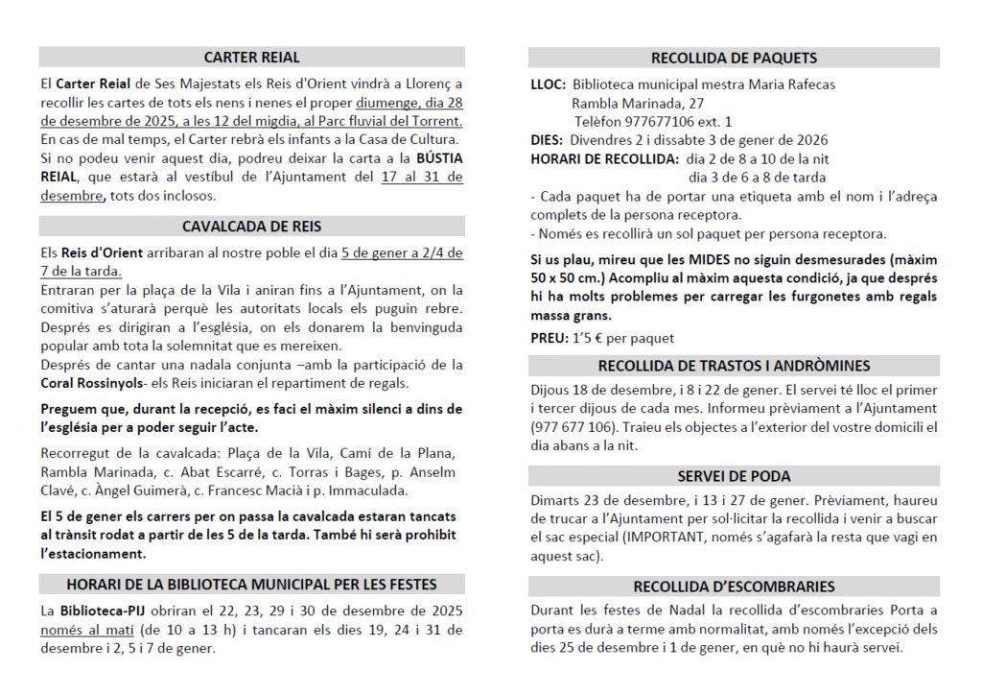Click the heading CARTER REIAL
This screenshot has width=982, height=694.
251,58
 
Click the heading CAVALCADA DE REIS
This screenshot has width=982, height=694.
251,227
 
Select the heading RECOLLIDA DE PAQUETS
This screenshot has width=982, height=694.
734,58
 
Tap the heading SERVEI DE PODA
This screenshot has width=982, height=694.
734,476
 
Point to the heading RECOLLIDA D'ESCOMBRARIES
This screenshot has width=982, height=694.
734,586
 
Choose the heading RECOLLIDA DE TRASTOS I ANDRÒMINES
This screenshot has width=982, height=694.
734,366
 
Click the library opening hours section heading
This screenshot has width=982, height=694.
251,584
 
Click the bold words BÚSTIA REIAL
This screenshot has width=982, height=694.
437,158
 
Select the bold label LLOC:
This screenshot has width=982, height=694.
548,84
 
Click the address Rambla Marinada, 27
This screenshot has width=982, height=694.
638,103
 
